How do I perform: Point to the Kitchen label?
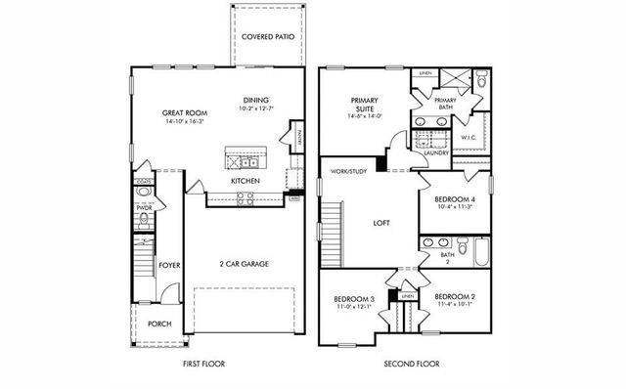coord(245,182)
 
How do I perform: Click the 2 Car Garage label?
coord(244,264)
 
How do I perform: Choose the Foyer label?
coord(170,264)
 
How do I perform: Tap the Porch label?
coord(159,324)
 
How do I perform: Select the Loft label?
coord(381,223)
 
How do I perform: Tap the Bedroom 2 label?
coord(454,297)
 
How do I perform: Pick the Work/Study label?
coord(347,171)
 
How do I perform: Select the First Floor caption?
coord(203,364)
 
